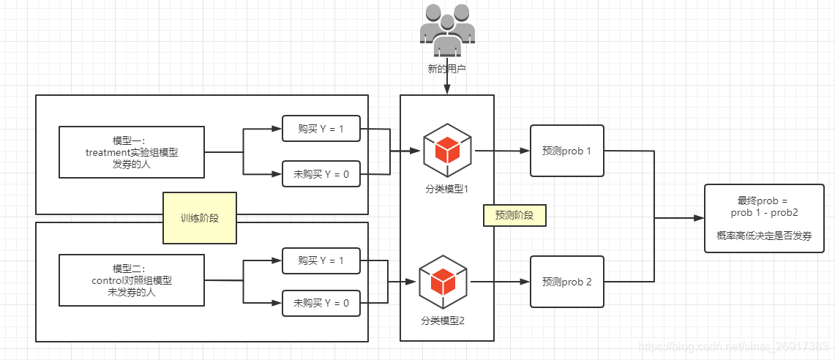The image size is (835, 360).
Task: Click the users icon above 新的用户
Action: point(446,30)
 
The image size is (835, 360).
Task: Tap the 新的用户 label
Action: point(446,70)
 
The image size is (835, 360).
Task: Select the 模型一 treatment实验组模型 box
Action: point(132,151)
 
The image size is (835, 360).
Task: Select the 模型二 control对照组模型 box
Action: point(132,280)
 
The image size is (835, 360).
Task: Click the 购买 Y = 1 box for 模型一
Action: point(321,129)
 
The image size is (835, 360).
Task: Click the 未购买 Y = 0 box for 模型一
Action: point(321,174)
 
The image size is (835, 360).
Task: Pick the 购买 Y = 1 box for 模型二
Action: point(321,260)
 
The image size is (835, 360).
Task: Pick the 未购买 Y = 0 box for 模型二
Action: point(321,302)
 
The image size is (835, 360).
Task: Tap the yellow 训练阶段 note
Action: point(200,218)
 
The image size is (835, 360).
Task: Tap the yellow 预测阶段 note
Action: point(514,216)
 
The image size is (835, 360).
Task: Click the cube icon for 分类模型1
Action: point(446,150)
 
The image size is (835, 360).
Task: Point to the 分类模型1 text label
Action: point(446,189)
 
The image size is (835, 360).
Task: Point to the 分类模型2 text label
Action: point(443,320)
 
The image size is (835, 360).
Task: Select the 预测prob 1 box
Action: point(567,151)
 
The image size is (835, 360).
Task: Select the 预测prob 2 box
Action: point(567,282)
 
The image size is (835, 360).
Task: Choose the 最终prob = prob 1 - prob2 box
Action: point(764,218)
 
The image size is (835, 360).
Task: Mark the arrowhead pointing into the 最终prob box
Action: point(698,218)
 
